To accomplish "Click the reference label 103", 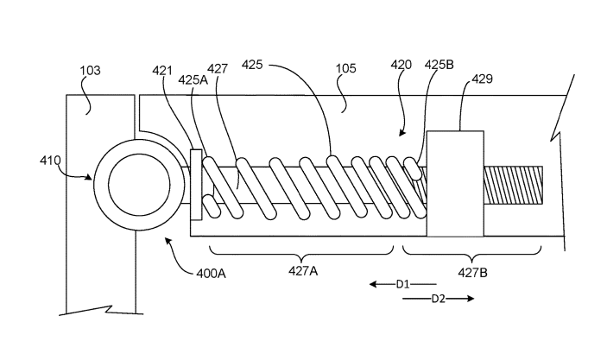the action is (90, 71).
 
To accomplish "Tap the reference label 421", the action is (162, 71).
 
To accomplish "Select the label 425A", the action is (193, 80).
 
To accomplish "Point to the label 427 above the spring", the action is (218, 69).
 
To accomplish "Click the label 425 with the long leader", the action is (252, 65).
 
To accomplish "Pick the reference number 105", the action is (345, 68).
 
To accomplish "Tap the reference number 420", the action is (401, 65).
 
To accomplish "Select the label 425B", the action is (439, 65).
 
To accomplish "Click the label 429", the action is (482, 79).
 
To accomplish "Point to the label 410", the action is (50, 161).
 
